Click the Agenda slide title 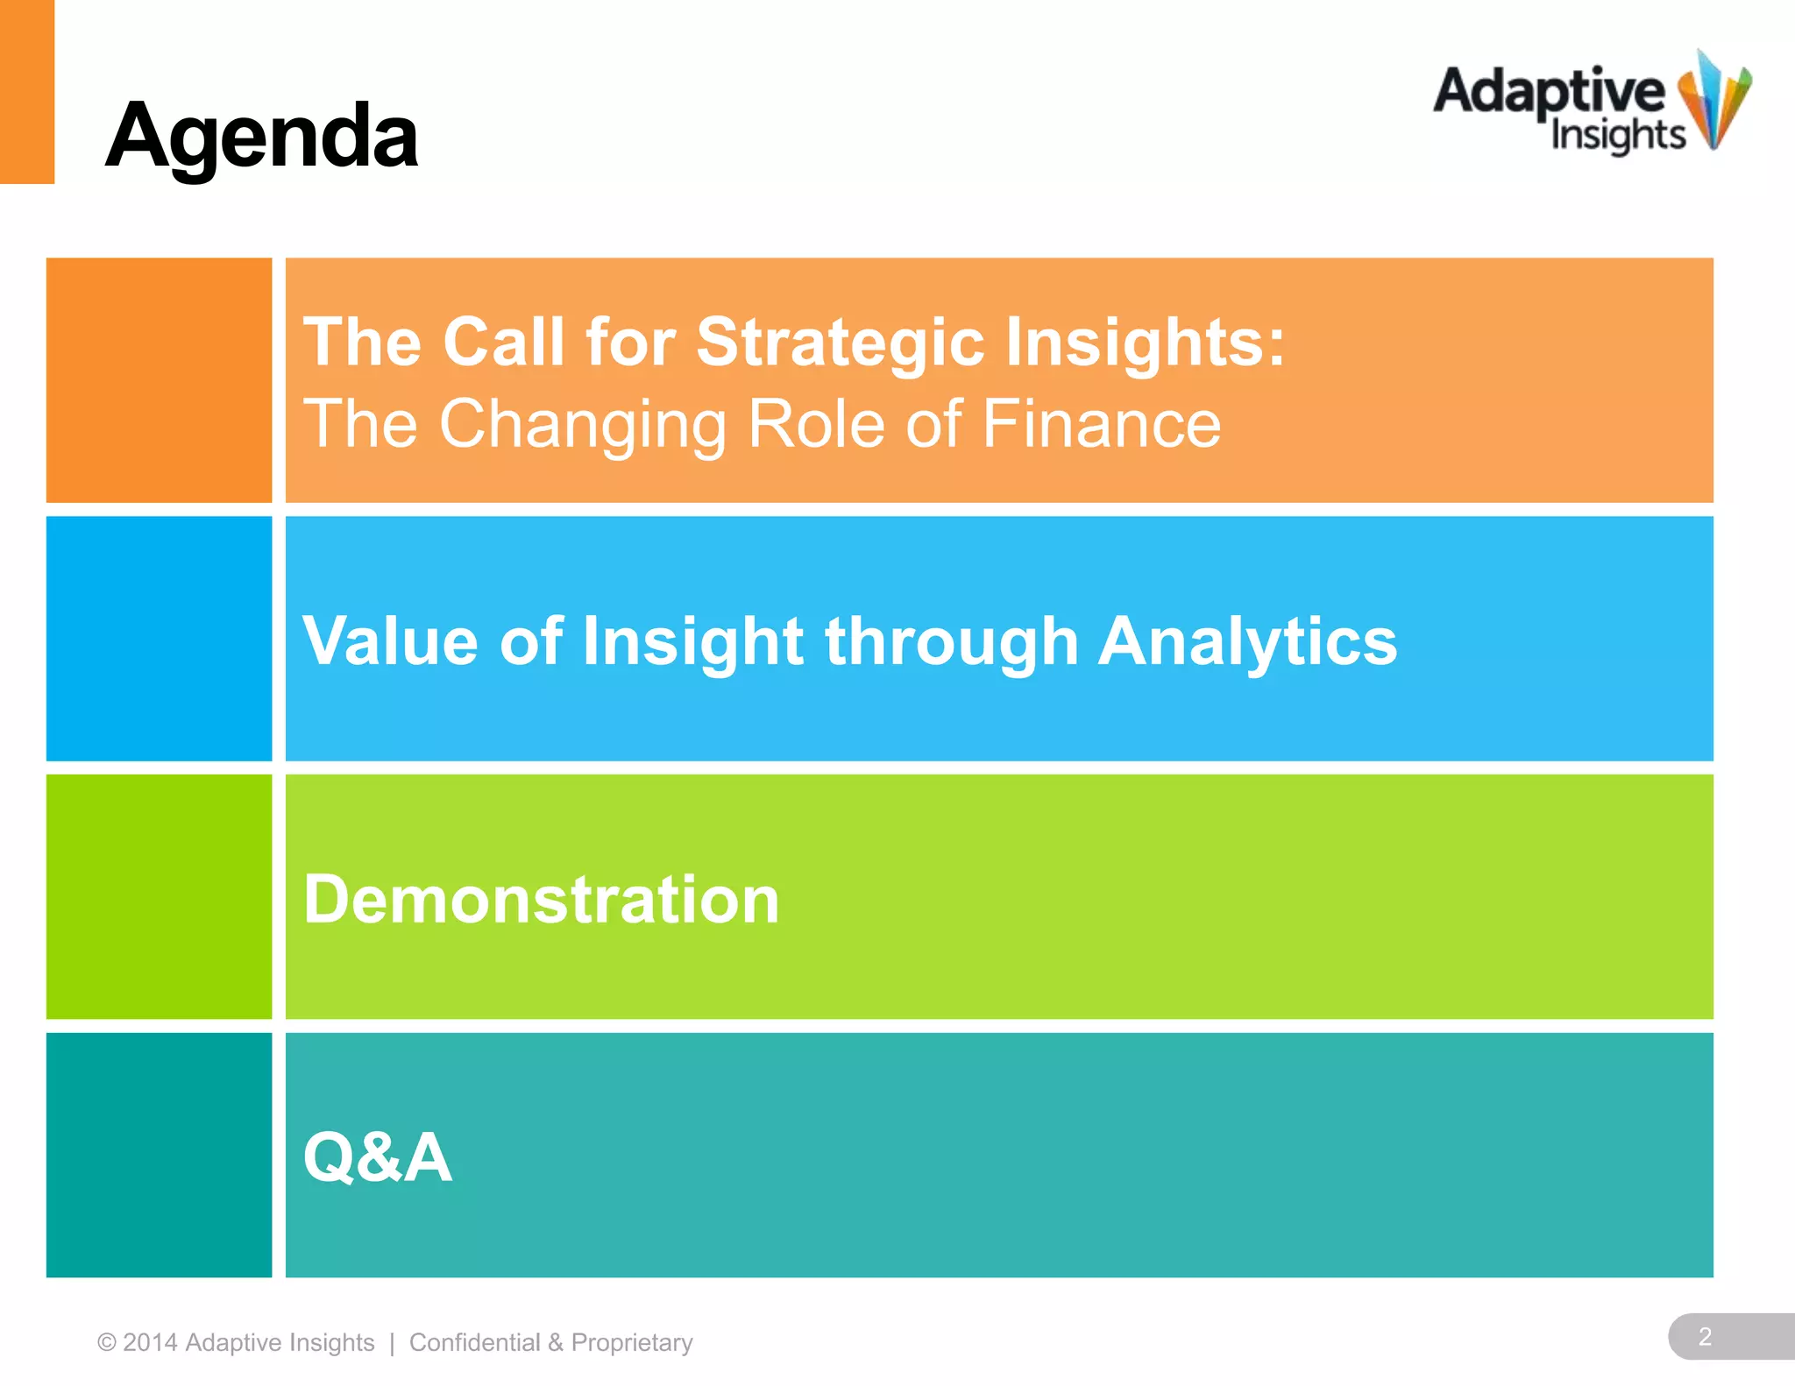[261, 137]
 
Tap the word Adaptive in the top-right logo [1549, 92]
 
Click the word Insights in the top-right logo [1617, 135]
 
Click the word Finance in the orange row [1101, 424]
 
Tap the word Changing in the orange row [582, 424]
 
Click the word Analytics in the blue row [1247, 641]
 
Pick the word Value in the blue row [390, 641]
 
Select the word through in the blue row [951, 641]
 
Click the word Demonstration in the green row [541, 900]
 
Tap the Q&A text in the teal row [377, 1157]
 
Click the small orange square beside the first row [159, 379]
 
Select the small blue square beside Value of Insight [159, 638]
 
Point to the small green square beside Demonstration [159, 896]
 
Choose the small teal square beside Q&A [159, 1155]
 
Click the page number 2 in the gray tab [1705, 1336]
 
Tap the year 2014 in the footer [150, 1342]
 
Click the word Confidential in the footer [474, 1342]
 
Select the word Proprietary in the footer [632, 1342]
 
